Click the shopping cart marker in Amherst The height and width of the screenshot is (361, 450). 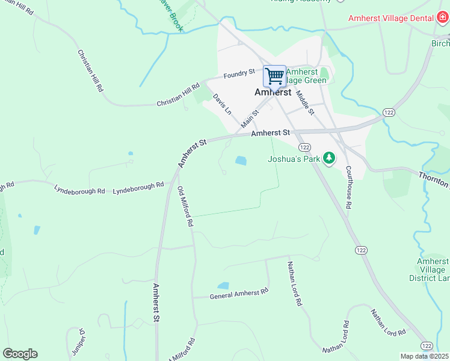[x=274, y=76]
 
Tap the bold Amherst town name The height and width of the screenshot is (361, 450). [x=273, y=93]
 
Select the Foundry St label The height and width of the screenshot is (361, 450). [x=239, y=74]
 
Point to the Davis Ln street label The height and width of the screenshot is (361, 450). [x=222, y=103]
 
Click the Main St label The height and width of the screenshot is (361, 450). [x=250, y=119]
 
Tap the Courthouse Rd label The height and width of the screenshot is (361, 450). [x=348, y=188]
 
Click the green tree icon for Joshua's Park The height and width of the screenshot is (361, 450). [x=328, y=158]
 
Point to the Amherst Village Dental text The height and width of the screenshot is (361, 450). [x=391, y=19]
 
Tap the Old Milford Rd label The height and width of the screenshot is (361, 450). [x=185, y=206]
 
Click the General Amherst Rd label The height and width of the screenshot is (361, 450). [x=238, y=294]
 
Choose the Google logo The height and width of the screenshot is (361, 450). [x=20, y=354]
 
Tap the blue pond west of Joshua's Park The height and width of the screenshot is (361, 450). [x=241, y=161]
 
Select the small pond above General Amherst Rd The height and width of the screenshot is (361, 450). [x=223, y=286]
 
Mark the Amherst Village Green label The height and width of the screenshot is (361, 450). [x=307, y=76]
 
